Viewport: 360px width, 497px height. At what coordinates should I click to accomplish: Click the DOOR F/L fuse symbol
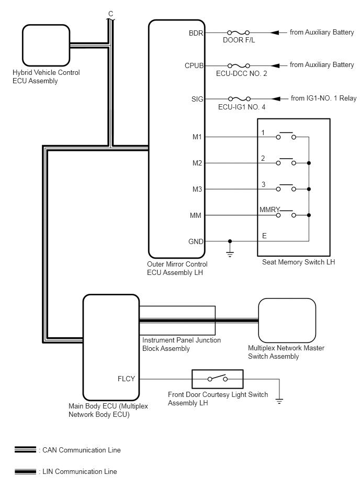click(x=239, y=32)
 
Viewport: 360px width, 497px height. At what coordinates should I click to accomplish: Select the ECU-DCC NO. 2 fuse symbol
click(x=239, y=65)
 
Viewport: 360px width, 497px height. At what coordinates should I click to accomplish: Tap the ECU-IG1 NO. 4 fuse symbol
click(x=239, y=99)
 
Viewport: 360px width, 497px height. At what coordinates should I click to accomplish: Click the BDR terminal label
click(x=196, y=33)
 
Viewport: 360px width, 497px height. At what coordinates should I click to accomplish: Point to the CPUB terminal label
click(x=194, y=65)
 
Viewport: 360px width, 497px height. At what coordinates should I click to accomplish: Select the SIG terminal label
click(x=197, y=99)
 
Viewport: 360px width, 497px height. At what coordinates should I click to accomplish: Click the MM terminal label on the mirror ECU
click(x=196, y=216)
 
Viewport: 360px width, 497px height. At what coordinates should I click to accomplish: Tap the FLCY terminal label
click(x=126, y=379)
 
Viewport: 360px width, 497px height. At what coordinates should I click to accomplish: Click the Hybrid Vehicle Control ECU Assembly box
click(x=46, y=46)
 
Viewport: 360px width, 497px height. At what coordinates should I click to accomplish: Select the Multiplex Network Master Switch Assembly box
click(x=287, y=321)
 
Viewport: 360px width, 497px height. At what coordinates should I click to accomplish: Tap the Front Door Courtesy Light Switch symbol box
click(x=218, y=379)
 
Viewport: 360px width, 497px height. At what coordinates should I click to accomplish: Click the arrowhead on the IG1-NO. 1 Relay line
click(x=275, y=99)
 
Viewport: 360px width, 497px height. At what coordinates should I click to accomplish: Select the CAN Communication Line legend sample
click(x=25, y=450)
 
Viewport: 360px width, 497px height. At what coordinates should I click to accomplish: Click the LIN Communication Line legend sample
click(x=25, y=472)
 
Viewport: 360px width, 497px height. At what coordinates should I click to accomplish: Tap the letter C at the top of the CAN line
click(x=110, y=14)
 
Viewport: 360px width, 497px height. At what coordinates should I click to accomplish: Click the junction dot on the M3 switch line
click(x=309, y=189)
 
